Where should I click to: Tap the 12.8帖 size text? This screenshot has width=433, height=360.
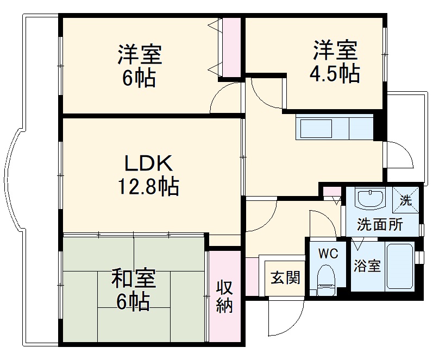(x=148, y=187)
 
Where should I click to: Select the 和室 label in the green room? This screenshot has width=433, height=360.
(x=134, y=279)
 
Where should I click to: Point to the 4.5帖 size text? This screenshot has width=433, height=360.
(x=334, y=74)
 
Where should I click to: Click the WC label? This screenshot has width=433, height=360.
(x=328, y=254)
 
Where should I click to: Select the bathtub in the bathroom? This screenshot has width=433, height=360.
(x=399, y=267)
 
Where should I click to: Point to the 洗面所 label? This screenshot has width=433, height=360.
(x=380, y=225)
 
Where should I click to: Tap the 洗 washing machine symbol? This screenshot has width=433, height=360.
(x=406, y=199)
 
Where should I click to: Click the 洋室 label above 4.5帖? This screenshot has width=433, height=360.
(x=335, y=50)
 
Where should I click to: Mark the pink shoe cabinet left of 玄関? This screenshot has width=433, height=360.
(x=252, y=276)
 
